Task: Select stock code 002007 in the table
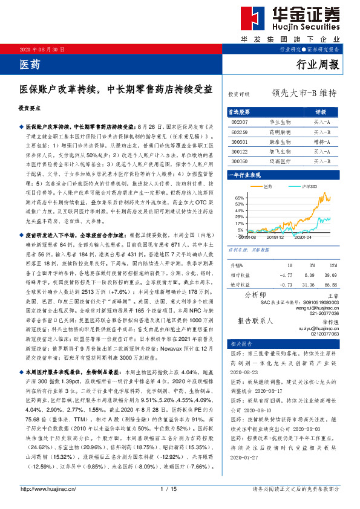tap(240, 122)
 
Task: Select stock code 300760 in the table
tap(240, 161)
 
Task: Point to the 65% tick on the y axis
tap(239, 198)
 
